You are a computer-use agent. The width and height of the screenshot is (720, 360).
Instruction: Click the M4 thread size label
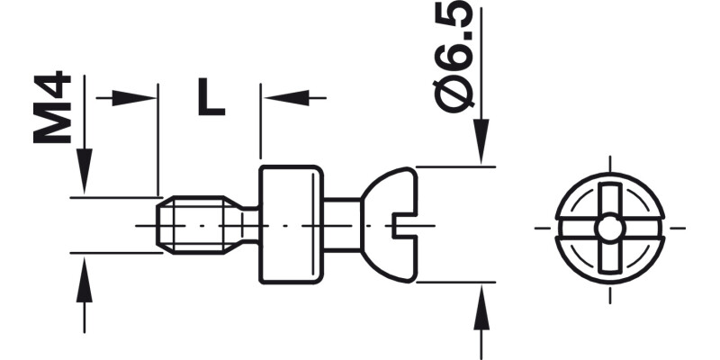52,110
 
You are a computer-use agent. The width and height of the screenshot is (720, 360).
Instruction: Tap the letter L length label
211,97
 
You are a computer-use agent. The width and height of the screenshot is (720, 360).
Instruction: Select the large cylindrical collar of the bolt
291,225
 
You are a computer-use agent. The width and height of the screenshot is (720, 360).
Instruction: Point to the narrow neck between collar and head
342,225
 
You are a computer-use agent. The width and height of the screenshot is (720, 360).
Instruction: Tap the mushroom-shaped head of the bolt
387,225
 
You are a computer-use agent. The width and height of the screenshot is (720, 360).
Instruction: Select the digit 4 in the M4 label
52,89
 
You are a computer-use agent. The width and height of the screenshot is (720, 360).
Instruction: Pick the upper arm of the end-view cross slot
610,198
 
